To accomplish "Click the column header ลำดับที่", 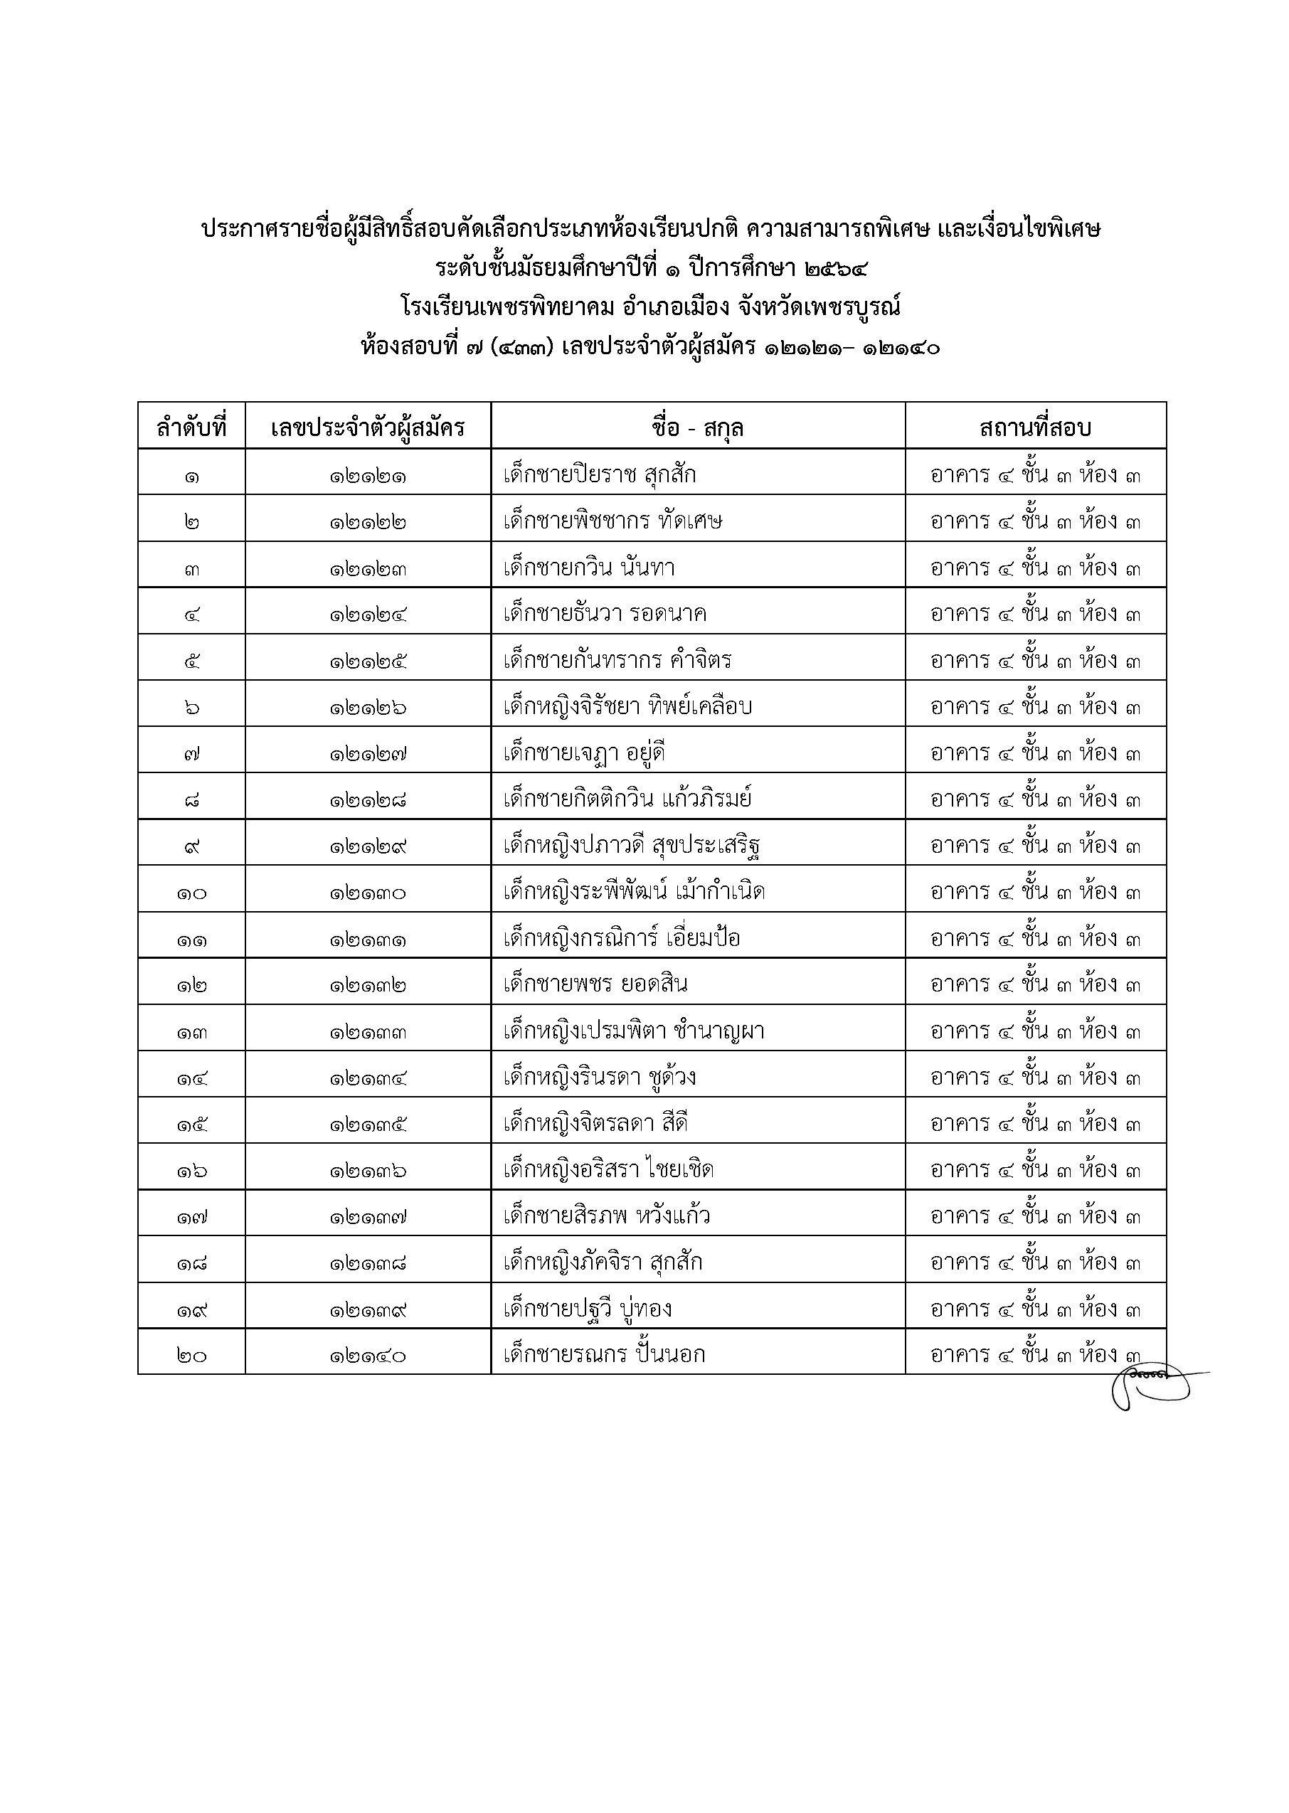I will (191, 428).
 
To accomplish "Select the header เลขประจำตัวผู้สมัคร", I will (368, 428).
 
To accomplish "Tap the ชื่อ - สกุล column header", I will (697, 428).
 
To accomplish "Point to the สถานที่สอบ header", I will (1035, 428).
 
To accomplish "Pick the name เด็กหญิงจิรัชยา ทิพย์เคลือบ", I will (627, 706).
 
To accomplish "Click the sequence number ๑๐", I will (191, 893).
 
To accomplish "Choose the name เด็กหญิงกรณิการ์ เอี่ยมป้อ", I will (622, 938).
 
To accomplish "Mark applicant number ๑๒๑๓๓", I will (368, 1031).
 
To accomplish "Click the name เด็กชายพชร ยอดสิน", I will (595, 984).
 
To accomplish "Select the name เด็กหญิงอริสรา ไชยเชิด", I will (608, 1169).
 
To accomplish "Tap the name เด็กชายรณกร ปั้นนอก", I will (604, 1354).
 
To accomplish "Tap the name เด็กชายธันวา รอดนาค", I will (605, 613).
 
